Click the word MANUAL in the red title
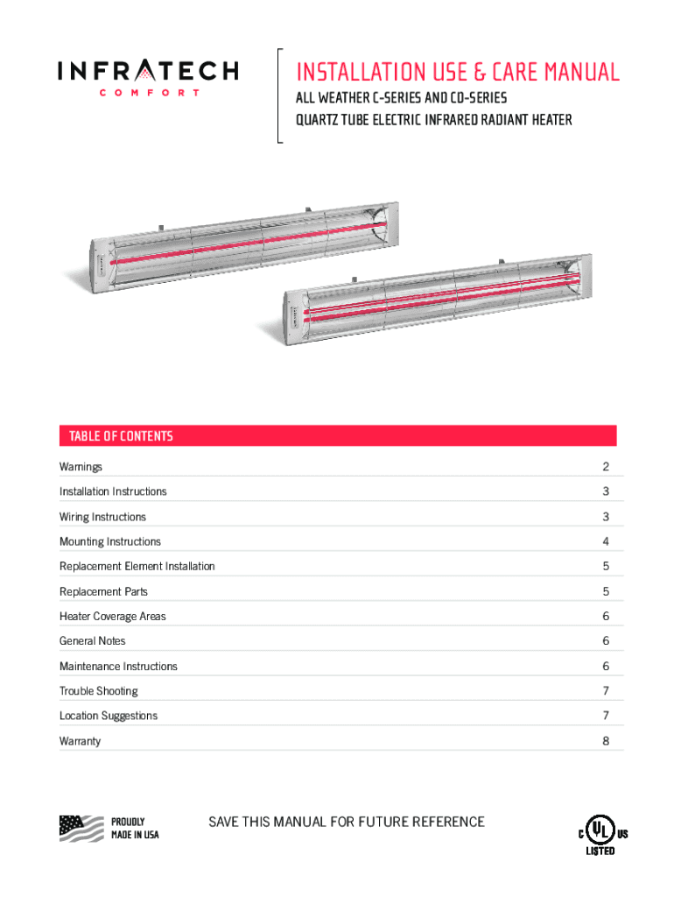(x=572, y=72)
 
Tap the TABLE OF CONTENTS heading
(x=116, y=435)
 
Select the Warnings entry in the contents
(x=81, y=467)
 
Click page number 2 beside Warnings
(x=606, y=467)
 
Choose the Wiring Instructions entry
(x=102, y=517)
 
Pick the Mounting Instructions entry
(x=110, y=541)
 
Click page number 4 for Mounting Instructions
(x=606, y=541)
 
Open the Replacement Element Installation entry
(x=137, y=566)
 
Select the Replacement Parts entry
(x=103, y=591)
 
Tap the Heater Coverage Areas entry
(x=112, y=616)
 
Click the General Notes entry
(x=92, y=641)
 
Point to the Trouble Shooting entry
(x=98, y=691)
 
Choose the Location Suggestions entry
(x=109, y=716)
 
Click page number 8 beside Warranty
(x=606, y=741)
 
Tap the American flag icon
(x=81, y=827)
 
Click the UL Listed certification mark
(x=598, y=833)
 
